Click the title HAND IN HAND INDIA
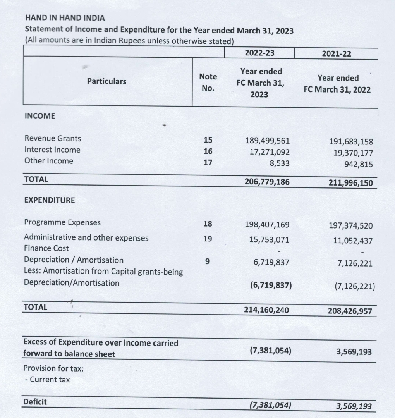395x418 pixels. point(65,18)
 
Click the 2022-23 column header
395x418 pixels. point(259,53)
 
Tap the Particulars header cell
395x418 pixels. point(106,81)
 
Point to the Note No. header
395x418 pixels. point(208,83)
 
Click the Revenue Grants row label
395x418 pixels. point(53,138)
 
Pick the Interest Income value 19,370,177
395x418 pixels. point(353,153)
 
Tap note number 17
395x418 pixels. point(208,163)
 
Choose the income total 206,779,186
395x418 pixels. point(267,181)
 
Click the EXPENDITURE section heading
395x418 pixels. point(50,200)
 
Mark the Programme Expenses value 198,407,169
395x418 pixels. point(267,225)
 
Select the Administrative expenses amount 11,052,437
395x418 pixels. point(353,241)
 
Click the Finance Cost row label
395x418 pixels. point(46,248)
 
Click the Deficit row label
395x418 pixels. point(35,402)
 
